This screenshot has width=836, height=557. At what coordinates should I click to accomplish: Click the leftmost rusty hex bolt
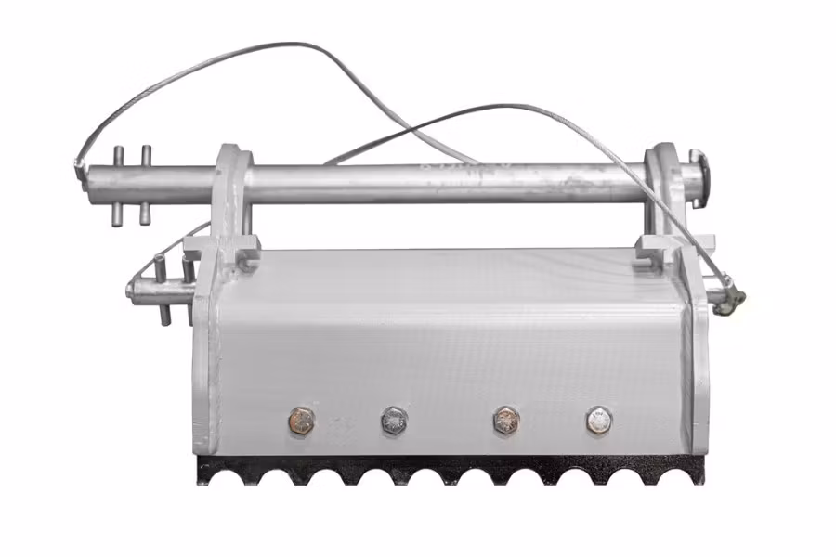tap(303, 420)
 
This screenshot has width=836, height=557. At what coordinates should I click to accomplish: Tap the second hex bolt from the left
tap(395, 420)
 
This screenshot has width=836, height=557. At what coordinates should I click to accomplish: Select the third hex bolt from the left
tap(505, 420)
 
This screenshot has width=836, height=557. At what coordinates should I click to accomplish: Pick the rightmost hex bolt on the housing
tap(599, 420)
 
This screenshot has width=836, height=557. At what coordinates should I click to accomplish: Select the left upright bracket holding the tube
tap(232, 195)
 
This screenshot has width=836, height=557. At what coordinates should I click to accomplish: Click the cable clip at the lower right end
tap(735, 296)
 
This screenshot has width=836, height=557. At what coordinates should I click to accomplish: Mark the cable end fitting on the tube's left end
tap(78, 167)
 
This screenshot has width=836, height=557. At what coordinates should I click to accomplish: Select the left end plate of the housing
tap(206, 371)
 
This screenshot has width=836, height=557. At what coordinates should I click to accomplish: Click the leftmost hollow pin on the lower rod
tap(162, 288)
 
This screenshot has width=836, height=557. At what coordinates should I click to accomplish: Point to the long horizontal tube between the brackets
tap(446, 184)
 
